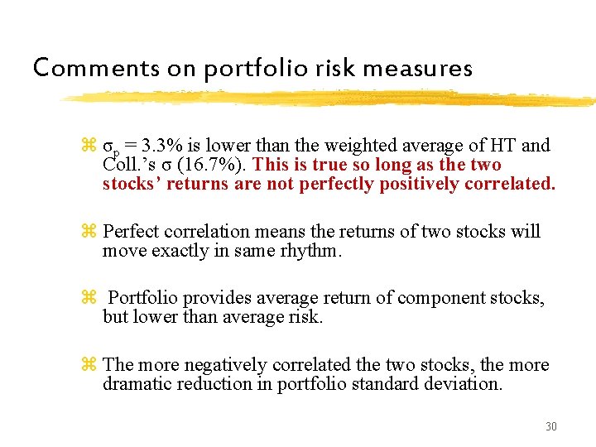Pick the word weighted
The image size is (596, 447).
pos(324,147)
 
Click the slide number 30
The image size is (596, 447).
pos(551,426)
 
